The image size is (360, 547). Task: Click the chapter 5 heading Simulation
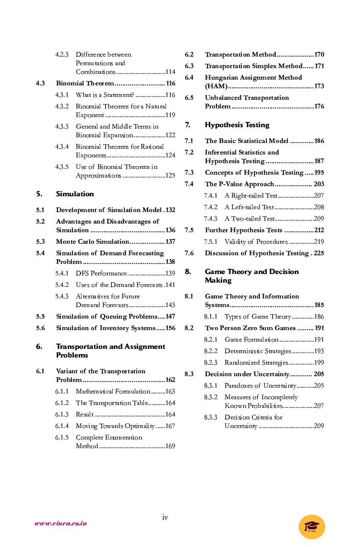pyautogui.click(x=75, y=194)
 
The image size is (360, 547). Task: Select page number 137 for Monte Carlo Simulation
pyautogui.click(x=170, y=242)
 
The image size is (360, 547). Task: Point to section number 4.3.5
pyautogui.click(x=62, y=167)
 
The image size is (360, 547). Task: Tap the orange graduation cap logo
pyautogui.click(x=312, y=526)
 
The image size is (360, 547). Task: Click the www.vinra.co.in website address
pyautogui.click(x=60, y=523)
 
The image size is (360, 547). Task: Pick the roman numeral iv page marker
pyautogui.click(x=165, y=517)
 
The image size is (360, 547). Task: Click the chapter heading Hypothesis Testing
pyautogui.click(x=237, y=125)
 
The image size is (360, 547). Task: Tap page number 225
pyautogui.click(x=319, y=253)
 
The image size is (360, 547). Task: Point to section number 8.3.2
pyautogui.click(x=211, y=397)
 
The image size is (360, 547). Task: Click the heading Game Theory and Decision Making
pyautogui.click(x=252, y=276)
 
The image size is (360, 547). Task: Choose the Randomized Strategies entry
pyautogui.click(x=256, y=363)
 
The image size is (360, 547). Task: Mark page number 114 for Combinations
pyautogui.click(x=170, y=72)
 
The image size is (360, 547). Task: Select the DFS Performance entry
pyautogui.click(x=101, y=273)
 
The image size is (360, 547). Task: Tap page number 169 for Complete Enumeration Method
pyautogui.click(x=170, y=446)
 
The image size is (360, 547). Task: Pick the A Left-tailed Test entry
pyautogui.click(x=249, y=207)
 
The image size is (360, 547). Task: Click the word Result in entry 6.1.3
pyautogui.click(x=84, y=415)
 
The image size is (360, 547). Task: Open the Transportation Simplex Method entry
pyautogui.click(x=254, y=66)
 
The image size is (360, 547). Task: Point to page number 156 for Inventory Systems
pyautogui.click(x=170, y=328)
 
